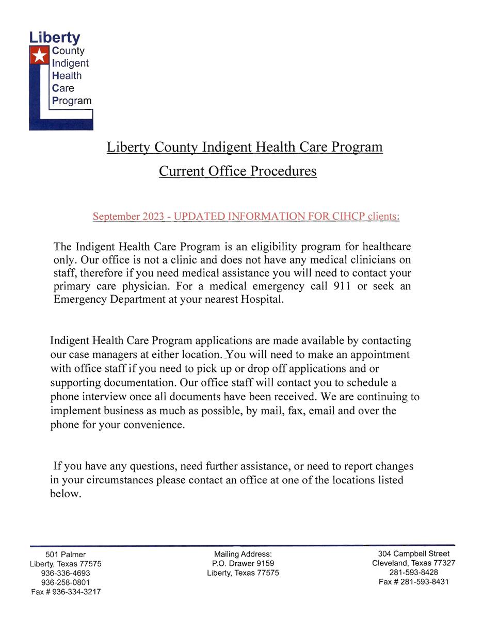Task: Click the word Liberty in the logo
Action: (55, 38)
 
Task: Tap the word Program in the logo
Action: (72, 101)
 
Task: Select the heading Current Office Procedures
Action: (237, 171)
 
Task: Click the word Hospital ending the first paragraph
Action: (261, 300)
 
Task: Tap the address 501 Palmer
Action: (66, 555)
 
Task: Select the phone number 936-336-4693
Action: (66, 573)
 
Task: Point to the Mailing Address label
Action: (243, 555)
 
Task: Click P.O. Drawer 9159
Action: (243, 564)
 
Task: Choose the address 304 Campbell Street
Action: (413, 554)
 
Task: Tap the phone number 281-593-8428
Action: (413, 573)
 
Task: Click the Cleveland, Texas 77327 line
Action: (413, 563)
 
